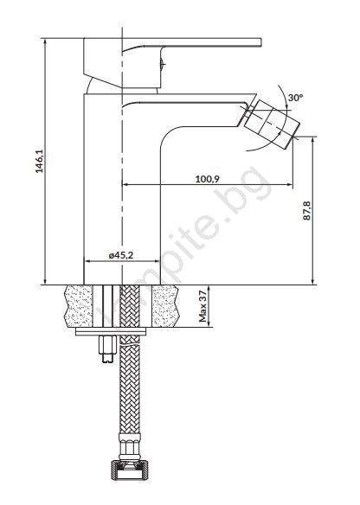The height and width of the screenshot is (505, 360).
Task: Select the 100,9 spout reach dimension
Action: pyautogui.click(x=207, y=179)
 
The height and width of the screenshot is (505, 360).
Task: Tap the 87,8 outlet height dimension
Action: pyautogui.click(x=307, y=211)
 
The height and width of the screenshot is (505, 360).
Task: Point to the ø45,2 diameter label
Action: pyautogui.click(x=121, y=255)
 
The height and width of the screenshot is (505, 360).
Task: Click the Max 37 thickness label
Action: pyautogui.click(x=202, y=306)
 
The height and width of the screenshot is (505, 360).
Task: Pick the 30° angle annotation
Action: pyautogui.click(x=296, y=98)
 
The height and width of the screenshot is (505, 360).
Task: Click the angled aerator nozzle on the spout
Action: pyautogui.click(x=272, y=124)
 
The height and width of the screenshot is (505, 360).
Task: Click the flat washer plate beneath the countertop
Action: pyautogui.click(x=111, y=332)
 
